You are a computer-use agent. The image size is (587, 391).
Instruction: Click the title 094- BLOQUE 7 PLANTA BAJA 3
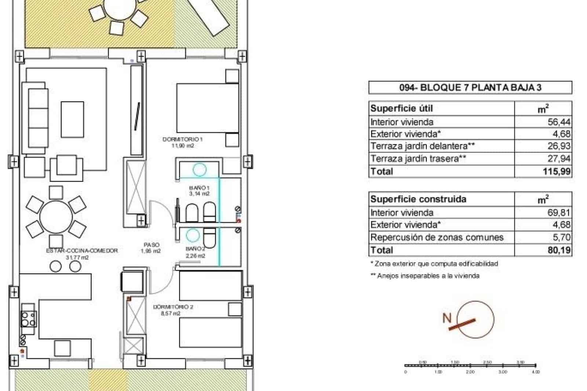pyautogui.click(x=470, y=88)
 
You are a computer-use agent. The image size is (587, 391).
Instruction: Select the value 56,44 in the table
pyautogui.click(x=559, y=122)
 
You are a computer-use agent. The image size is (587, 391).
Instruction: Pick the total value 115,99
pyautogui.click(x=557, y=171)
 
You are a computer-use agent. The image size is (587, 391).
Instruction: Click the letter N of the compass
pyautogui.click(x=446, y=318)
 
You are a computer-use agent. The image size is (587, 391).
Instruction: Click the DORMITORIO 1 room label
pyautogui.click(x=182, y=139)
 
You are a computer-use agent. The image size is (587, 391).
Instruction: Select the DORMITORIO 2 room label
pyautogui.click(x=173, y=307)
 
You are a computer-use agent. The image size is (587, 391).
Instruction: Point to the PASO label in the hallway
pyautogui.click(x=151, y=245)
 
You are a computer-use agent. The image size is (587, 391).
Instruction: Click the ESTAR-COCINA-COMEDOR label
pyautogui.click(x=82, y=251)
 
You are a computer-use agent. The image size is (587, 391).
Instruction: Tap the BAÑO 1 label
pyautogui.click(x=199, y=188)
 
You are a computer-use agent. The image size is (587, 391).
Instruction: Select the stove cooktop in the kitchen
pyautogui.click(x=28, y=319)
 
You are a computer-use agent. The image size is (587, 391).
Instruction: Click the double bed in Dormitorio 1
pyautogui.click(x=207, y=108)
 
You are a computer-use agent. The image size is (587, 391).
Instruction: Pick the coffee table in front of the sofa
pyautogui.click(x=72, y=120)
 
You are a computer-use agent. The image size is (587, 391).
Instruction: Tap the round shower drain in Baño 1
pyautogui.click(x=200, y=169)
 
